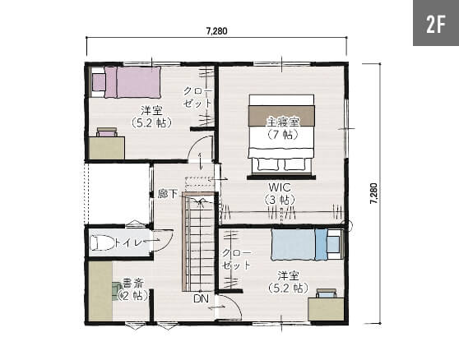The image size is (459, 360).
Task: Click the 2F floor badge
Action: tap(436, 23)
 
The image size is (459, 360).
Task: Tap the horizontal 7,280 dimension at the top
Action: tap(216, 30)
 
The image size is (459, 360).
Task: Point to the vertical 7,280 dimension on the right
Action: tap(373, 193)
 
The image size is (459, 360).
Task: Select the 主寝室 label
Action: tap(283, 122)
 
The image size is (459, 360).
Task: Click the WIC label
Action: tap(280, 187)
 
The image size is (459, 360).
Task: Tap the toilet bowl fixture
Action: tap(102, 243)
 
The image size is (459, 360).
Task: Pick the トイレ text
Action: tap(129, 242)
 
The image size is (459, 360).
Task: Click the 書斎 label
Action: tap(132, 283)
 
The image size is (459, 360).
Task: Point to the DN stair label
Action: tap(201, 298)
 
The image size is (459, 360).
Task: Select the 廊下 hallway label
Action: tap(168, 194)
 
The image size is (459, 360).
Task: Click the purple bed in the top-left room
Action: tap(132, 82)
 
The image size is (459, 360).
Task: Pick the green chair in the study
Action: tap(117, 291)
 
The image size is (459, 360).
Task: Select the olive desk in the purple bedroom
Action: tap(107, 148)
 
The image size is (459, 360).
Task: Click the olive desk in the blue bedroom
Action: tap(326, 309)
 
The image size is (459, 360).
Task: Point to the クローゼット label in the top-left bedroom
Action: tap(197, 97)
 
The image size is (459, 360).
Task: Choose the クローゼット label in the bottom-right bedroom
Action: tap(237, 259)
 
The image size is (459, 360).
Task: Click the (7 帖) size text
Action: tap(283, 134)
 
